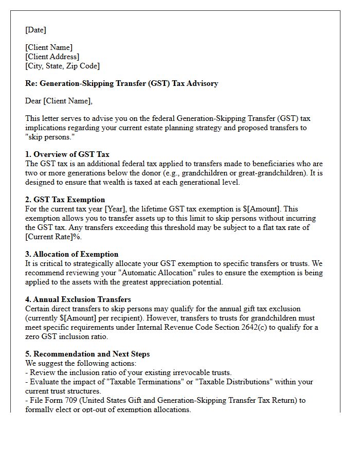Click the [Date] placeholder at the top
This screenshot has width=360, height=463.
click(x=35, y=30)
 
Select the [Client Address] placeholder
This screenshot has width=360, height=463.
click(x=52, y=57)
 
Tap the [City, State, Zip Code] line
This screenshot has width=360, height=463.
click(x=62, y=66)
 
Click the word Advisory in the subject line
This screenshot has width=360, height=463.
click(x=202, y=83)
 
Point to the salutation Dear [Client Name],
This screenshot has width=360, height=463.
click(x=59, y=101)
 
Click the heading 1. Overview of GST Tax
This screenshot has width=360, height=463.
click(x=67, y=154)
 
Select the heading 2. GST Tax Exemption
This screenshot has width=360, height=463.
click(x=65, y=200)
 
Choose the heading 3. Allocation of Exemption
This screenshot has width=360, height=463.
click(x=71, y=254)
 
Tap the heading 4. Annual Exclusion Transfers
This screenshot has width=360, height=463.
click(x=78, y=299)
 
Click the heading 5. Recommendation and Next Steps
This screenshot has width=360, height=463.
click(x=87, y=354)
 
